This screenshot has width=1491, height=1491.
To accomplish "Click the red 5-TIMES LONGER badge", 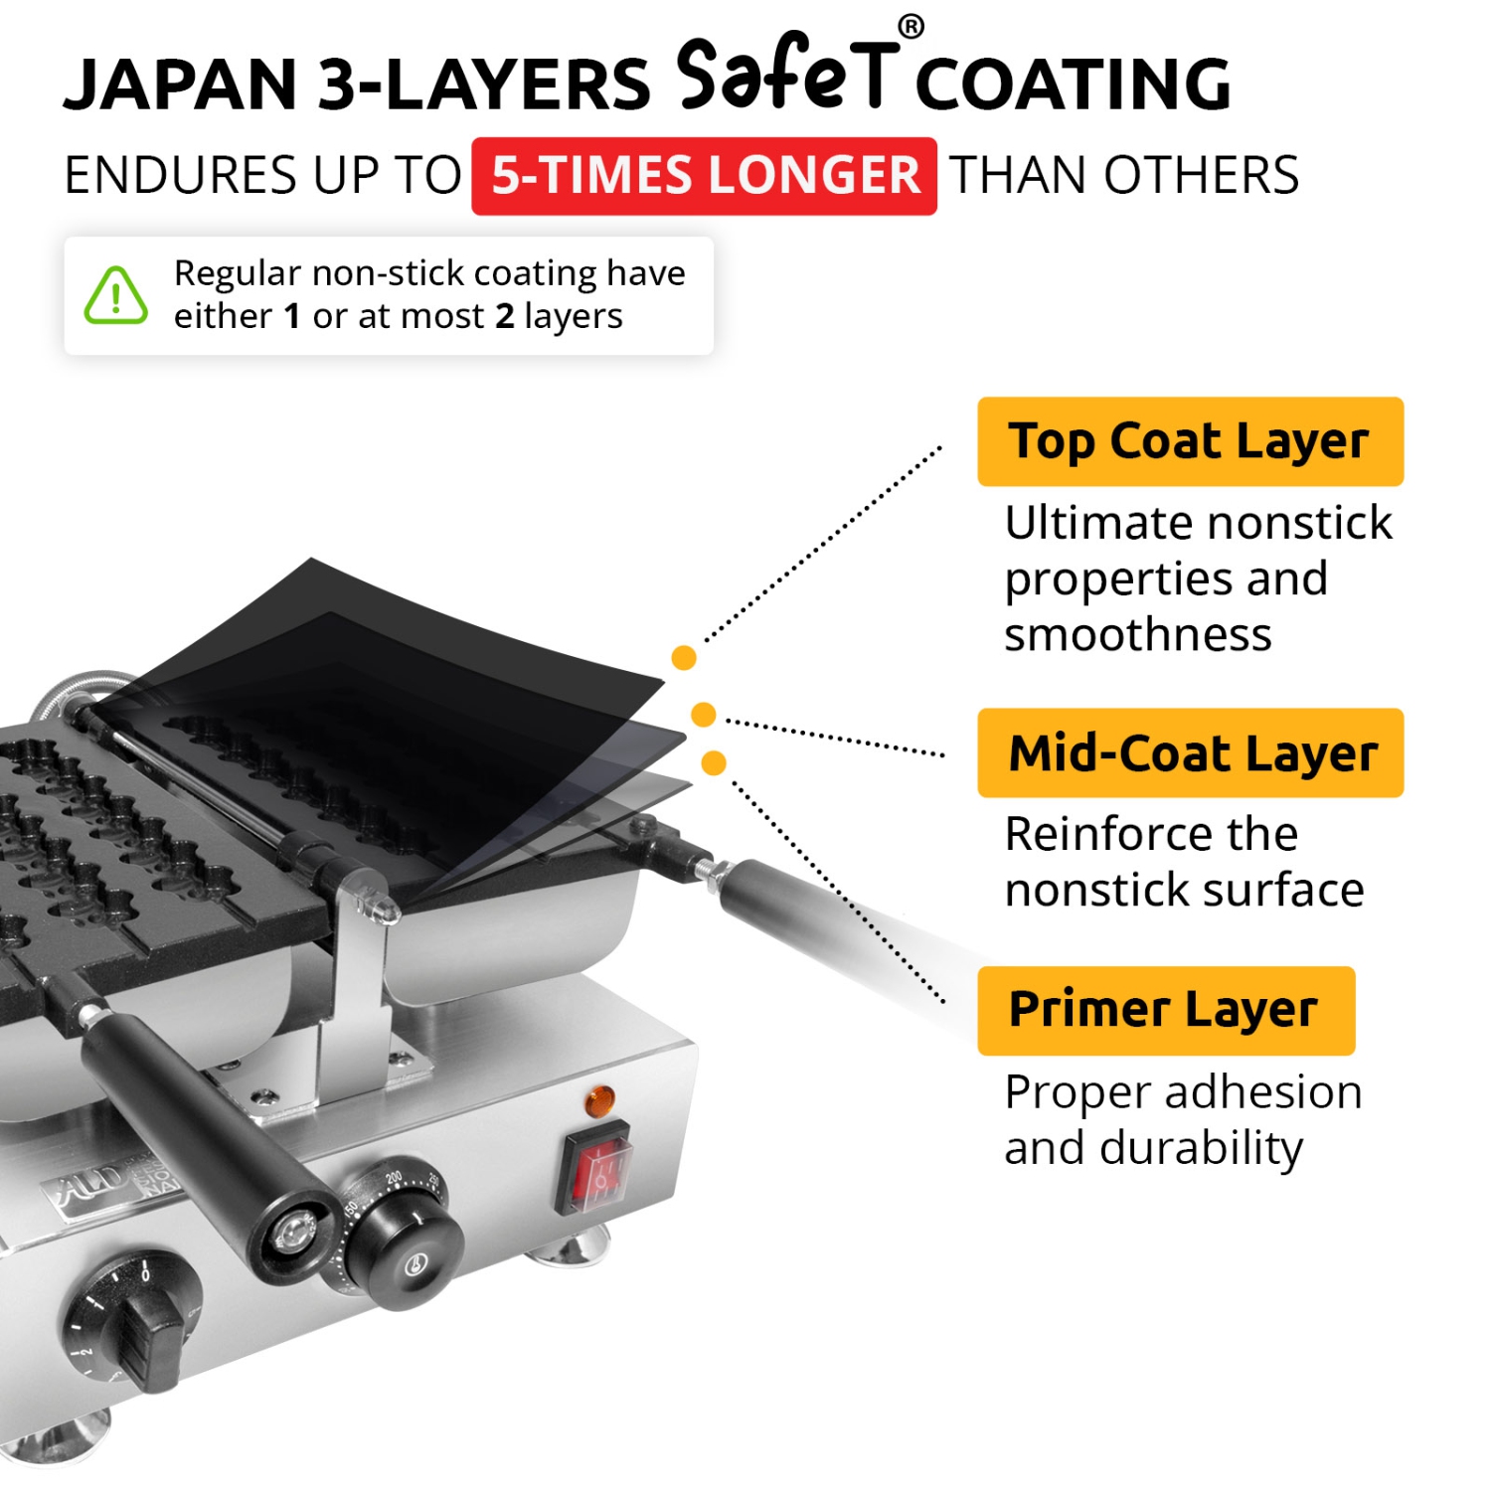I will (704, 176).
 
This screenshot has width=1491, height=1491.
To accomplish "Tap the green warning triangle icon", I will (116, 296).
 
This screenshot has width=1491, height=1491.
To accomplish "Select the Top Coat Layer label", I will (1190, 441).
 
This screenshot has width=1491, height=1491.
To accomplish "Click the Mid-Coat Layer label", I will (1190, 752).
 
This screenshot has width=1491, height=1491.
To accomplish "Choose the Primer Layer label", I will (1165, 1010).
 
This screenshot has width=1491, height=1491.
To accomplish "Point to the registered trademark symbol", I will (911, 27).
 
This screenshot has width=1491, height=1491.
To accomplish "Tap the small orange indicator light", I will (598, 1100).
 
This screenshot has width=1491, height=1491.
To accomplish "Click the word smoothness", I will (1137, 634).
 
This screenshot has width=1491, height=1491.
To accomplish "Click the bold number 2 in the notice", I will (505, 316).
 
